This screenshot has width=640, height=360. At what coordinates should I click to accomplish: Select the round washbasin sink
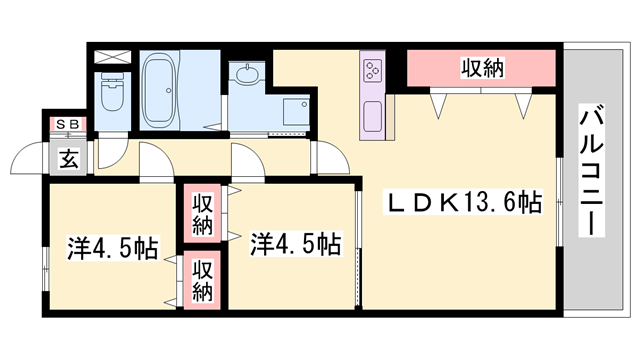click(244, 75)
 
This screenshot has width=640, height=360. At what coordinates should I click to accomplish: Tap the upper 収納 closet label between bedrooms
click(203, 213)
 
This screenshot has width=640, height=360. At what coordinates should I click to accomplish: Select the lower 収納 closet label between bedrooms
click(203, 279)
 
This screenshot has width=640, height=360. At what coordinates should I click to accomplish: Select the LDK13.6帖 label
click(464, 203)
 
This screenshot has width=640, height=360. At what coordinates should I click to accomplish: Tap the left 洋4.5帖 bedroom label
click(112, 246)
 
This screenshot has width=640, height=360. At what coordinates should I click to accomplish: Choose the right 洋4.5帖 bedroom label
click(294, 242)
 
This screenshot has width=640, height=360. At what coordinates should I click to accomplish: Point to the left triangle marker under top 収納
click(438, 102)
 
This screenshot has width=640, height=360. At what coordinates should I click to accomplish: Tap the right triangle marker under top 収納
click(522, 102)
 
